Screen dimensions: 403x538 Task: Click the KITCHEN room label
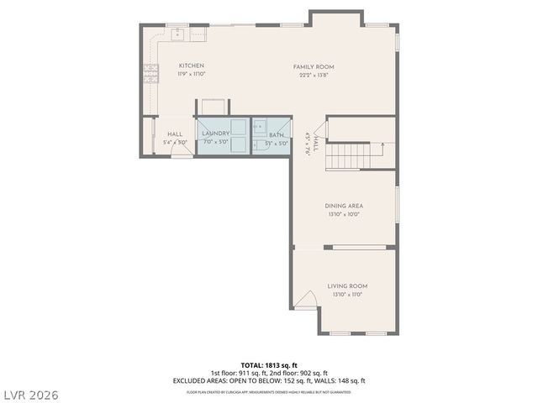coord(192,66)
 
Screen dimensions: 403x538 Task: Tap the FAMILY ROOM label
coord(314,66)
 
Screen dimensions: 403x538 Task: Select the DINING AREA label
coord(349,206)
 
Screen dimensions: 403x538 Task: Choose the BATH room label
coord(277,134)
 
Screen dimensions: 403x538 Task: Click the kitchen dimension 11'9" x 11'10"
coord(192,75)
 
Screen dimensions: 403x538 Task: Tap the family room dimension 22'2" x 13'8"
coord(314,75)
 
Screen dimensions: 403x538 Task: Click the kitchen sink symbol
coord(178,34)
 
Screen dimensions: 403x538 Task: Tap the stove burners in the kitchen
coord(151,74)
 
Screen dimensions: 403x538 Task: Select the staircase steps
coord(348,156)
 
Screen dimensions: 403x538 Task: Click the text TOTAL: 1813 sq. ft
coord(269,365)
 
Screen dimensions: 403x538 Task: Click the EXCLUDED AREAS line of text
coord(269,380)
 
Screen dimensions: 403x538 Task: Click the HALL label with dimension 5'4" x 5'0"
coord(175,138)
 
